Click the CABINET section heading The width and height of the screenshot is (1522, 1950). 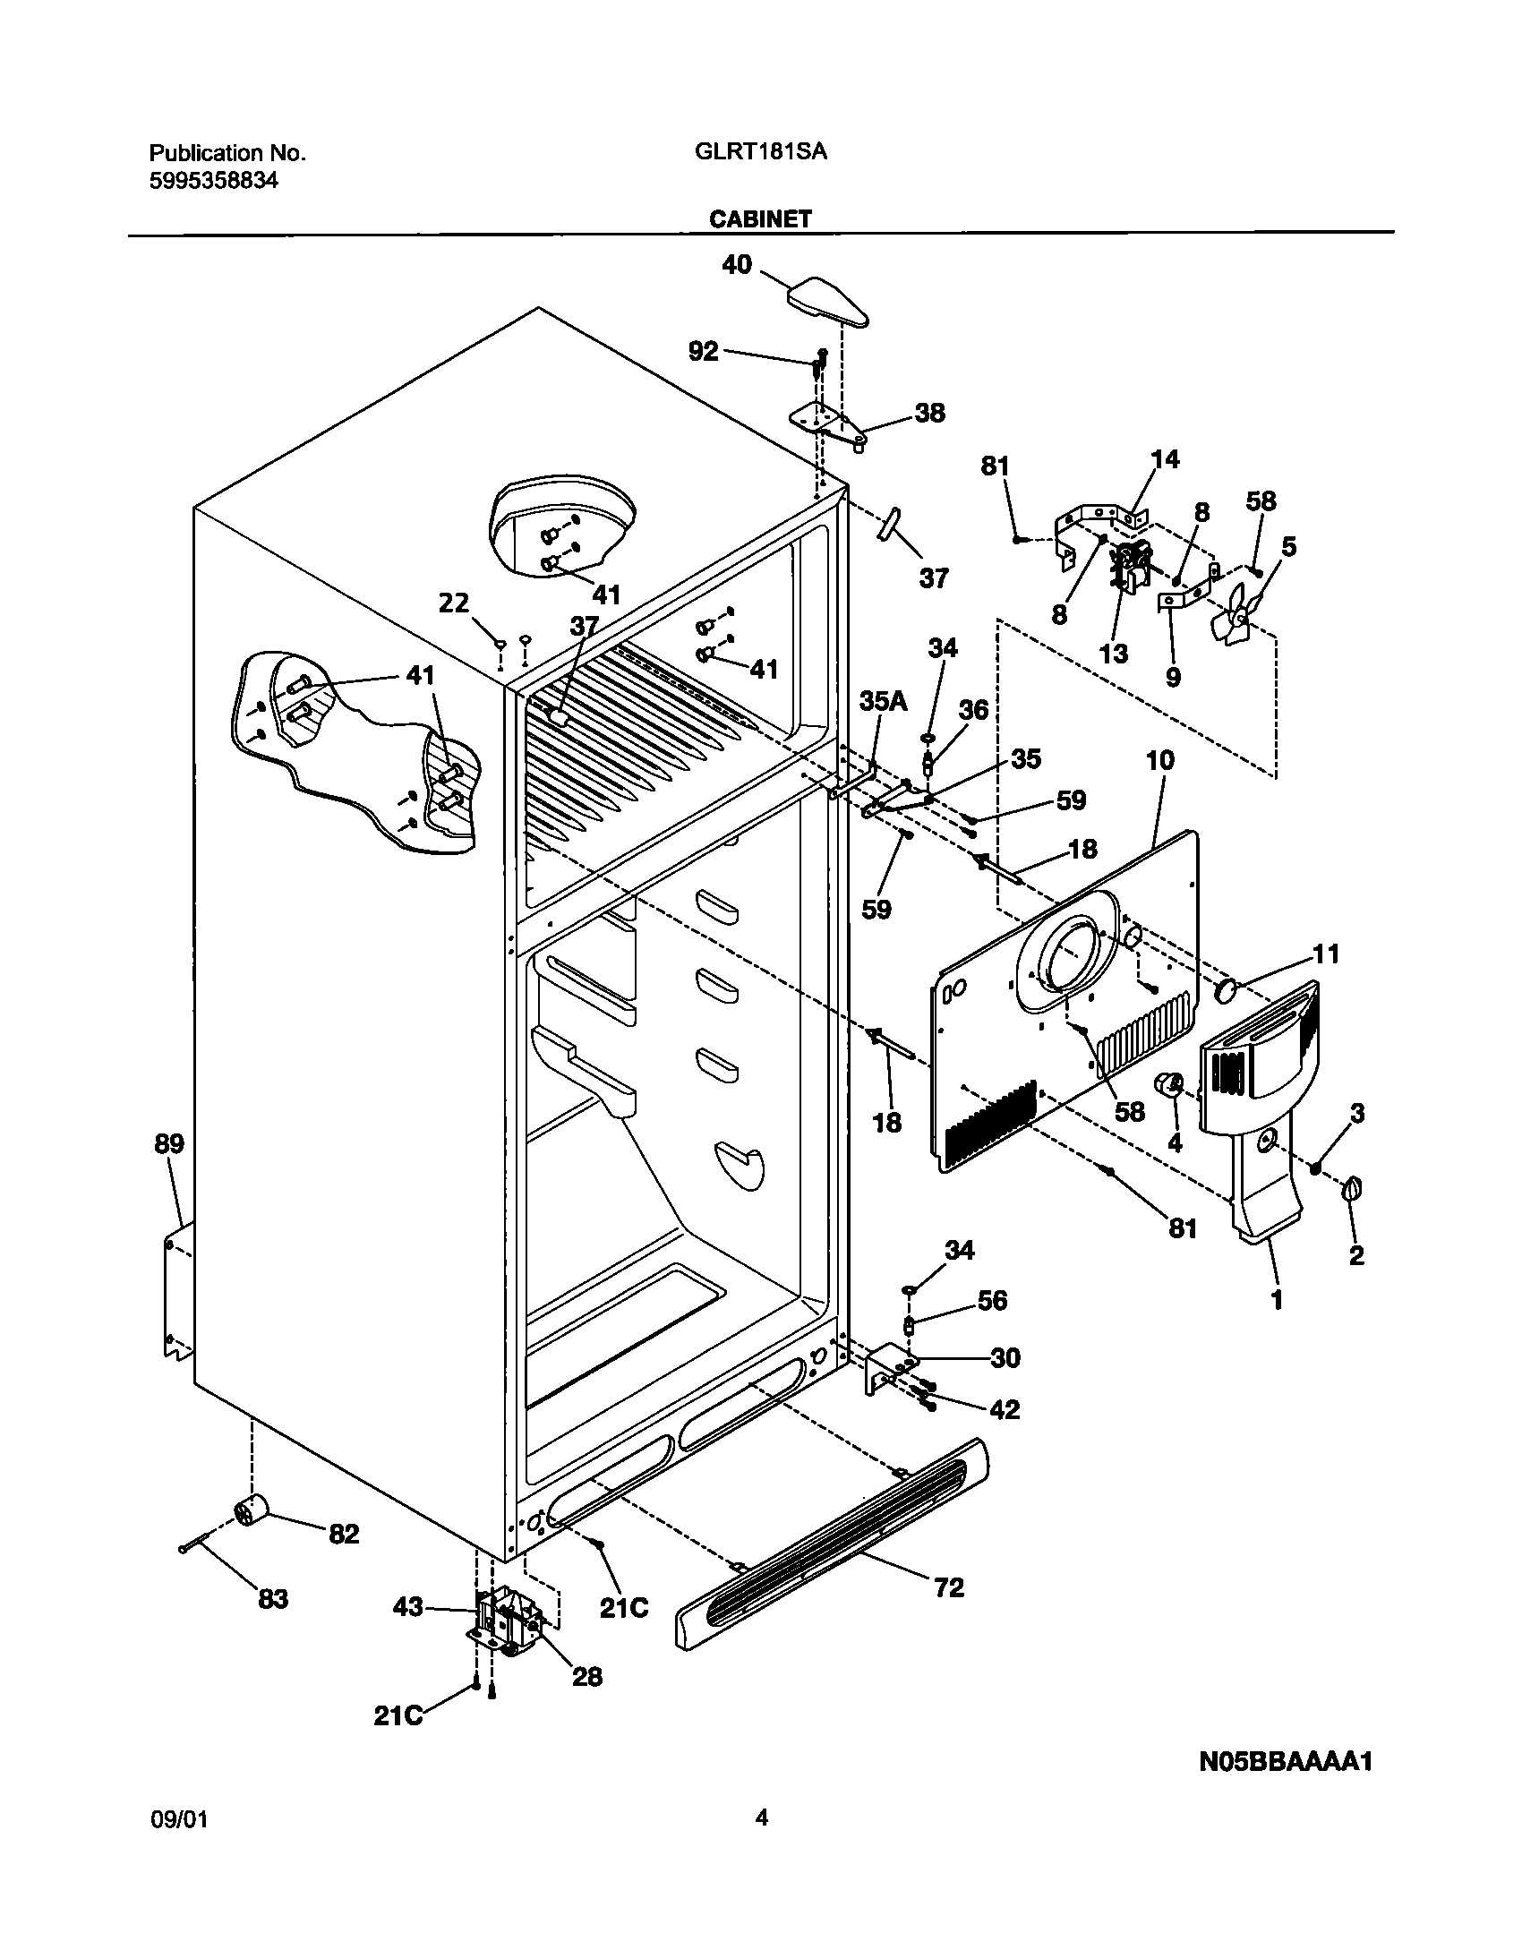760,218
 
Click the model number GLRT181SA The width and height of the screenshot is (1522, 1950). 760,152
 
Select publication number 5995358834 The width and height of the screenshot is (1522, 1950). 213,181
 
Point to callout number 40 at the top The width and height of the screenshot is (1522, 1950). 737,265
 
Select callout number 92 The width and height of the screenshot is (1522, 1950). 703,351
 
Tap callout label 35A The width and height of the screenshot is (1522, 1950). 884,701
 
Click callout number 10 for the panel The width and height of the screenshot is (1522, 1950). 1159,761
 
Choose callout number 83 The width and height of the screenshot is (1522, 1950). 273,1598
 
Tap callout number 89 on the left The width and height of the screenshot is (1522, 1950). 169,1143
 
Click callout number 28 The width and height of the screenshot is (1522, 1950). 587,1676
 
